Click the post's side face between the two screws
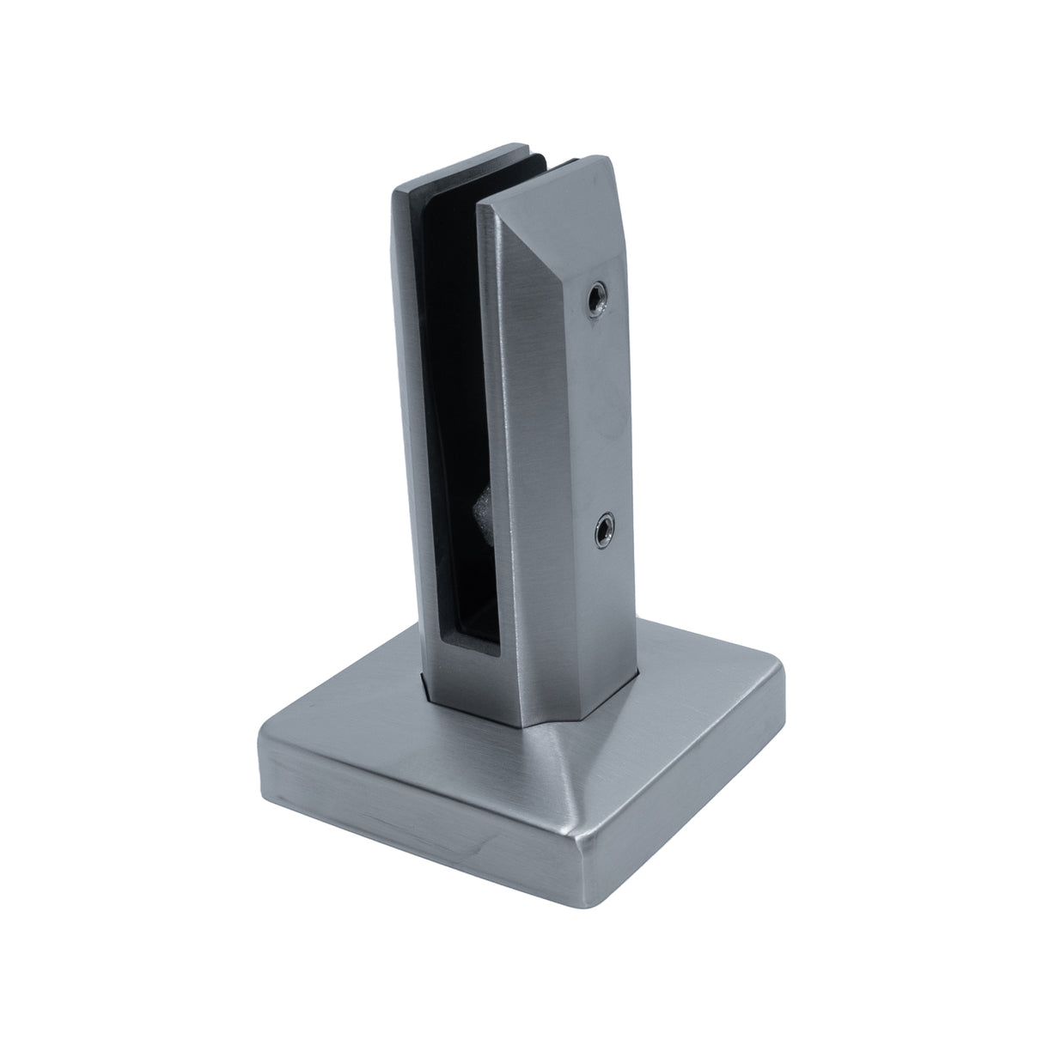pyautogui.click(x=593, y=412)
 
